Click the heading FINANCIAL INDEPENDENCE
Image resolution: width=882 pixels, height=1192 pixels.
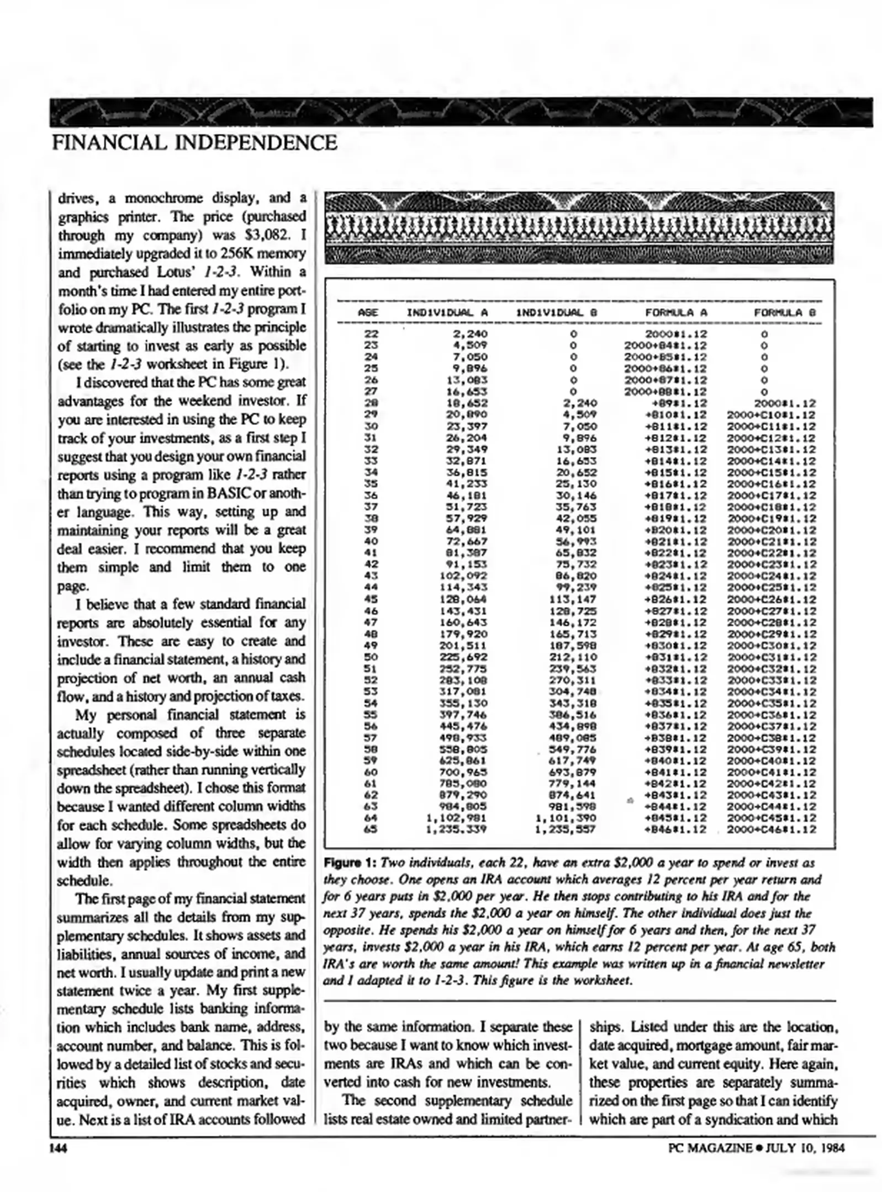pyautogui.click(x=194, y=143)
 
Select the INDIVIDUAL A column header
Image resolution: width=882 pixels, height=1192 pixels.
pyautogui.click(x=447, y=312)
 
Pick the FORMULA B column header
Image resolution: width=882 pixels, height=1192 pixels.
pyautogui.click(x=784, y=312)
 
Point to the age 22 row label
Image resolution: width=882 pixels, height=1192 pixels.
pyautogui.click(x=371, y=334)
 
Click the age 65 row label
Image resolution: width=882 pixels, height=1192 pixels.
pyautogui.click(x=371, y=829)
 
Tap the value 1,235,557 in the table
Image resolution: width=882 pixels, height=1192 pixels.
pyautogui.click(x=566, y=829)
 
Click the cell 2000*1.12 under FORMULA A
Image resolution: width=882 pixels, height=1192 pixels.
pyautogui.click(x=676, y=334)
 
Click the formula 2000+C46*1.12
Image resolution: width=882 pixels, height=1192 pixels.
pyautogui.click(x=771, y=829)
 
